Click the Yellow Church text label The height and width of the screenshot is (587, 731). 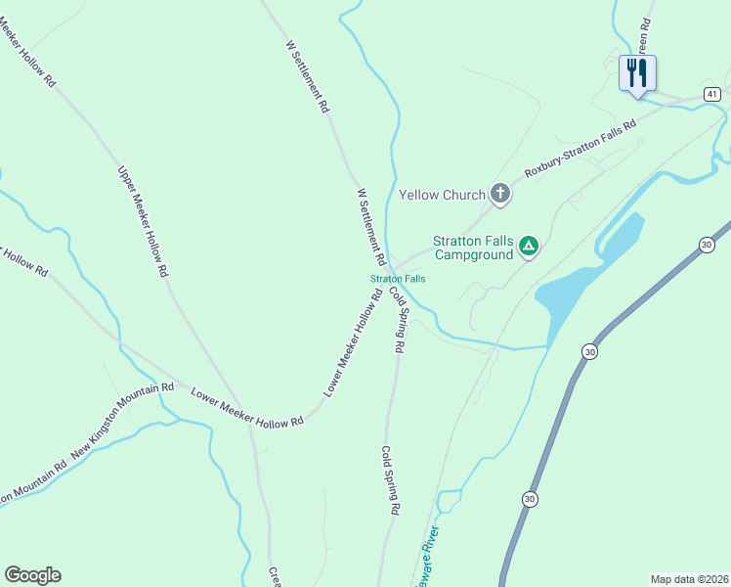tap(443, 195)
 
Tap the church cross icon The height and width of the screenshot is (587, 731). tap(500, 194)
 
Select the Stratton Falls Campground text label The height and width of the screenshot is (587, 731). tap(474, 248)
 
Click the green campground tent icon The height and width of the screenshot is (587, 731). tap(528, 246)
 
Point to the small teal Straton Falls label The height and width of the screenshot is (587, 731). tap(398, 279)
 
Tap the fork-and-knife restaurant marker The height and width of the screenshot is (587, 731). tap(637, 72)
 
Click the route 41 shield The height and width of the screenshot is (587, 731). tap(711, 94)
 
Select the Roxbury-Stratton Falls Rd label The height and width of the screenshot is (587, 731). tap(580, 148)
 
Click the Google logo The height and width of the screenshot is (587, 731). tap(32, 575)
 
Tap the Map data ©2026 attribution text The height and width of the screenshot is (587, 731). tap(689, 579)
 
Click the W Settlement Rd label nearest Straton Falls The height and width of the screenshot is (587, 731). tap(368, 227)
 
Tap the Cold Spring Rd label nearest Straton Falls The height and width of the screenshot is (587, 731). tap(398, 319)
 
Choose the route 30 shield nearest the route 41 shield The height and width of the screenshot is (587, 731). tap(706, 245)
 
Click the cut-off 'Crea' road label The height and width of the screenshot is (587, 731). tap(274, 574)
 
